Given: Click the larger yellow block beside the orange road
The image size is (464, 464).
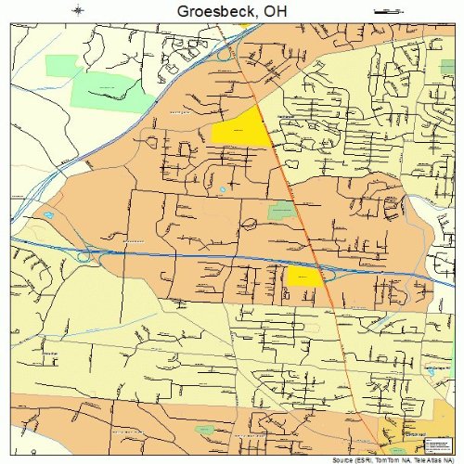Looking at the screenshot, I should (239, 133).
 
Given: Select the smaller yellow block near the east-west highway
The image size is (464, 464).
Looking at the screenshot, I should (302, 276).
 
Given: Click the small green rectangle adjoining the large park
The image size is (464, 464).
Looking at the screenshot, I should (63, 66).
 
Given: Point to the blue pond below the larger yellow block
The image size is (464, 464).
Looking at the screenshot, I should (223, 190).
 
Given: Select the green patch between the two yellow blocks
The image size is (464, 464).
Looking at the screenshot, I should (278, 212).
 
